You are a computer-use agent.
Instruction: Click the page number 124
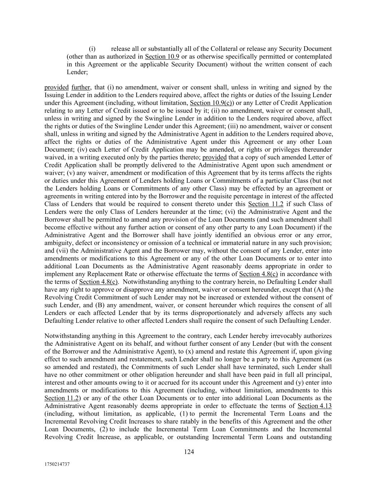[189, 452]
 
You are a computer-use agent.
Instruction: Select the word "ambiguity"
[57, 243]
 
